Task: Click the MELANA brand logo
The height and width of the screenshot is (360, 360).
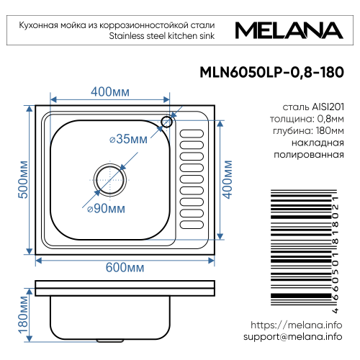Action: click(289, 32)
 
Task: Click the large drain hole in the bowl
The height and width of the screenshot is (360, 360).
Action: click(107, 176)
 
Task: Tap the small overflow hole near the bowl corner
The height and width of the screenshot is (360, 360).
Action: click(167, 121)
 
